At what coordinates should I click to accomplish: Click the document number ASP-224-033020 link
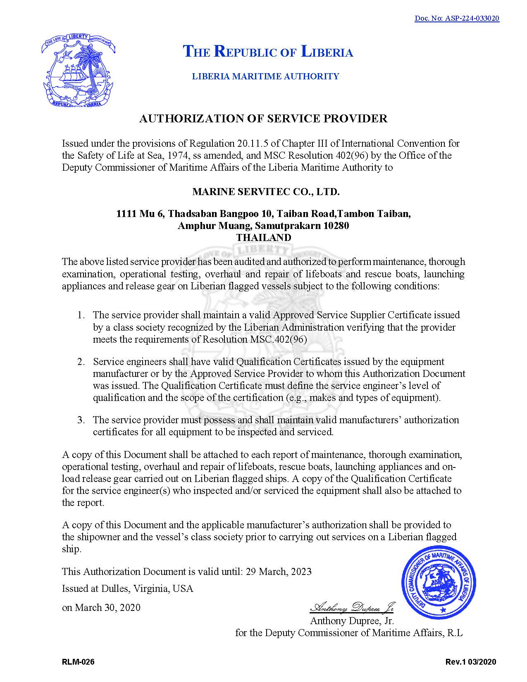tap(457, 18)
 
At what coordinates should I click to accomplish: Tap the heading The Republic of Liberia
tap(268, 52)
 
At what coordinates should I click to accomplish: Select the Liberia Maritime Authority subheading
tap(265, 76)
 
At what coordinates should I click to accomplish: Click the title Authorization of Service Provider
tap(263, 119)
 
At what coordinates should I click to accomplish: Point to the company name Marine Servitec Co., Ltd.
tap(266, 192)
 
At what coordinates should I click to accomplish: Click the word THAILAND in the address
tap(264, 238)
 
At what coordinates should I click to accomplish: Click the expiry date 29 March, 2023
tap(279, 572)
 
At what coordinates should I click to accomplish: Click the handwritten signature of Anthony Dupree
tap(351, 607)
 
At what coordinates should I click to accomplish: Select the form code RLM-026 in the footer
tap(78, 662)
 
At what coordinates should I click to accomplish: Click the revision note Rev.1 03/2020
tap(471, 662)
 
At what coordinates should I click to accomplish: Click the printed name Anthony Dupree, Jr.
tap(352, 620)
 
